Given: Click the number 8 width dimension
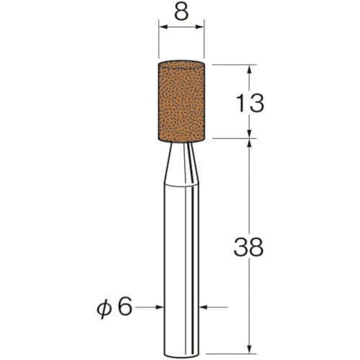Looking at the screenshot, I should point(181,13).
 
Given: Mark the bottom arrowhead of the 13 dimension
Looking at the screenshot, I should point(249,134).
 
